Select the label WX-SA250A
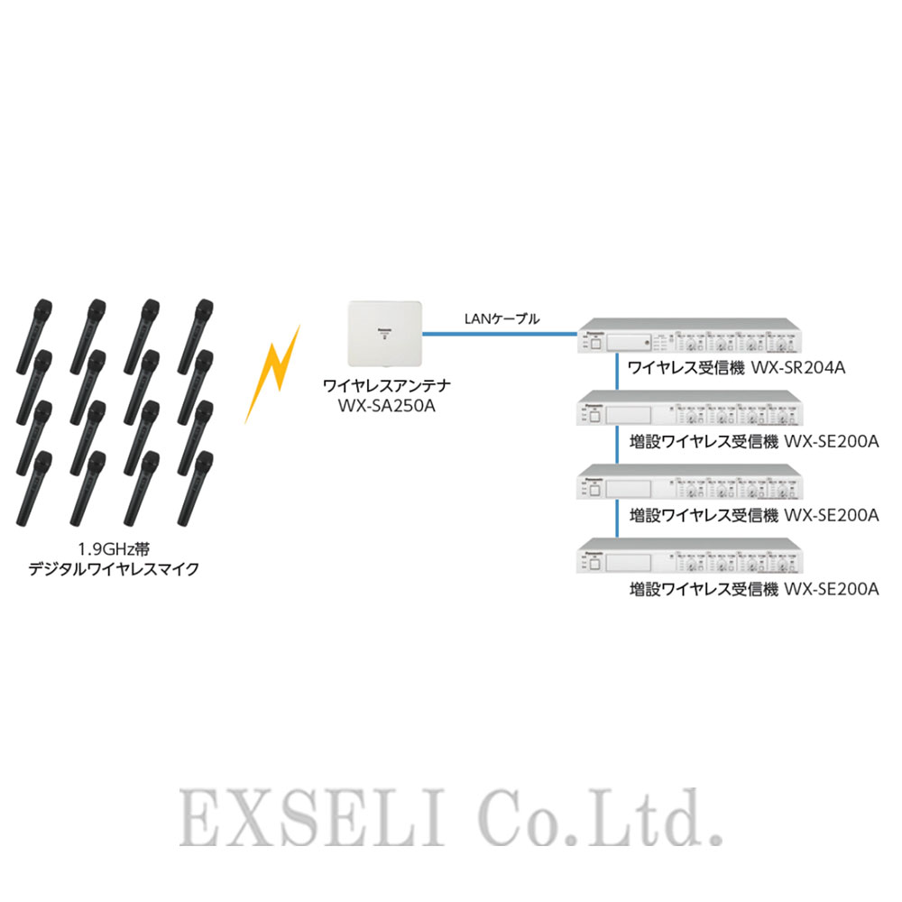pos(386,404)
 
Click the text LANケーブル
pos(502,318)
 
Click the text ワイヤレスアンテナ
pos(386,385)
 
